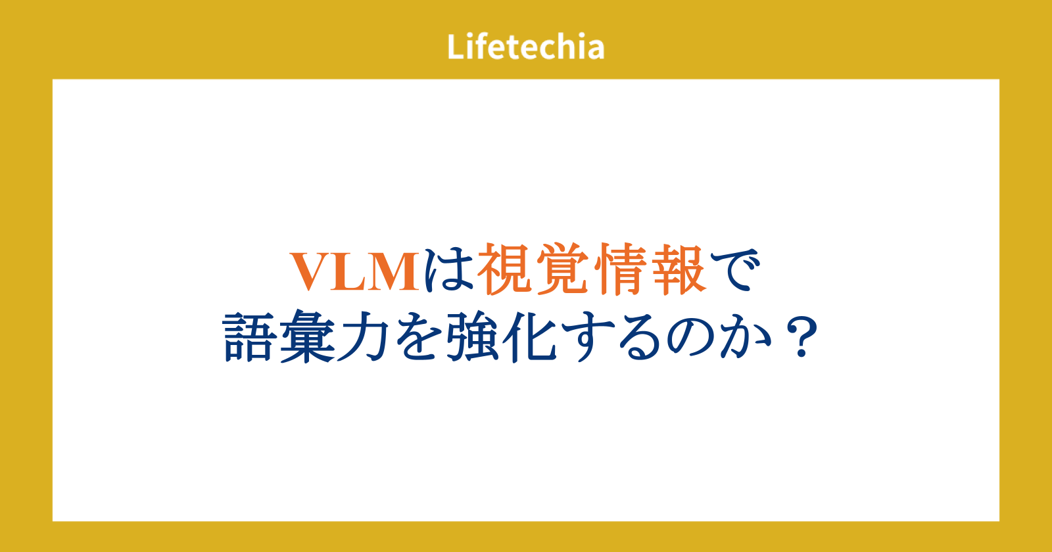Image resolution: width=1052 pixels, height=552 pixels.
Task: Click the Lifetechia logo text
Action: coord(525,47)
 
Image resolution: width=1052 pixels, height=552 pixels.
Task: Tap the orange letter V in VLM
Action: coord(312,272)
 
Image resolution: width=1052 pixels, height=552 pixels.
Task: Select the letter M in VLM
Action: coord(393,272)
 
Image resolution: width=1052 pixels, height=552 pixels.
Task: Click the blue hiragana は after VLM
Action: coord(448,271)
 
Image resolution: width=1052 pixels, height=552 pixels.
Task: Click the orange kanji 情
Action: coord(621,269)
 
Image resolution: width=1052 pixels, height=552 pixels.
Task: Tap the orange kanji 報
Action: coord(679,269)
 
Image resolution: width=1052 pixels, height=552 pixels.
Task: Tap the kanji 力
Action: coord(362,337)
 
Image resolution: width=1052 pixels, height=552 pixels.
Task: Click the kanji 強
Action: coord(473,336)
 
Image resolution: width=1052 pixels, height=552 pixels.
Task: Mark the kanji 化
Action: coord(529,337)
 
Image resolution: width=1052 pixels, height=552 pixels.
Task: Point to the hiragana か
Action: coord(746,337)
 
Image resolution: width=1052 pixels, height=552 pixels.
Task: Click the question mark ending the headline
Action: coord(801,337)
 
